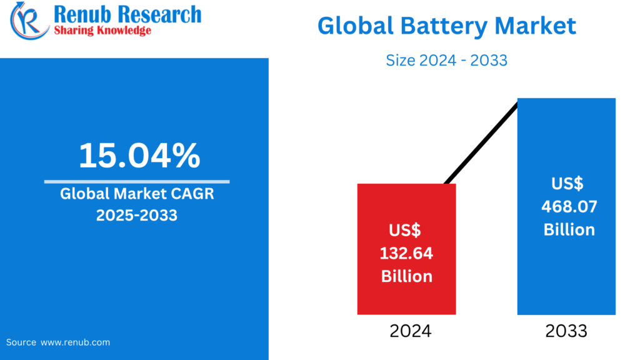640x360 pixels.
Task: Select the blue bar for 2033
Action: tap(566, 275)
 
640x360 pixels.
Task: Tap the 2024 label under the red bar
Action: tap(407, 331)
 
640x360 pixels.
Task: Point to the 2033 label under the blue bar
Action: tap(566, 331)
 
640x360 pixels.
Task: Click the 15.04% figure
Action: tap(139, 156)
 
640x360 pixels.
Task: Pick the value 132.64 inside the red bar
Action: tap(407, 253)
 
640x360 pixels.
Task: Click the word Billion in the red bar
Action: tap(407, 276)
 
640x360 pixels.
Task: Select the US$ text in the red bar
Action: tap(404, 231)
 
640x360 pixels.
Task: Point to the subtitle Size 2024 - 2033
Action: tap(446, 60)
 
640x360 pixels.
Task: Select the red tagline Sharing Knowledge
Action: tap(102, 30)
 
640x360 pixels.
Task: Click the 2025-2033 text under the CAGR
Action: tap(136, 215)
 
